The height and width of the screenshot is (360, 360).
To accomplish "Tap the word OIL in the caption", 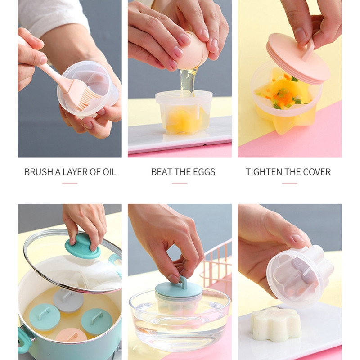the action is click(109, 172).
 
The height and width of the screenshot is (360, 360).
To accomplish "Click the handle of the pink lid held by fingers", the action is click(308, 50).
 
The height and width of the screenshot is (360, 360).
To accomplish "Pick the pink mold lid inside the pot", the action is click(72, 336).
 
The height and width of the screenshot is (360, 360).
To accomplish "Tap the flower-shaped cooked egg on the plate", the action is click(275, 324).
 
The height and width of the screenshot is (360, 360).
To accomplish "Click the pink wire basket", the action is click(217, 264).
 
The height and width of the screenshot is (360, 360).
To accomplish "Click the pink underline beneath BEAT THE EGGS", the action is click(180, 184).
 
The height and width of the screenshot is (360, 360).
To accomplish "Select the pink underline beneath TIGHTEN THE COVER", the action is click(290, 184).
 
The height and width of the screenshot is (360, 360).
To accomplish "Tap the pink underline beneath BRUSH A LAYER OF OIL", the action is click(70, 184).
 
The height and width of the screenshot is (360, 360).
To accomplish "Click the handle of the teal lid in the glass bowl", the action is click(183, 283).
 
